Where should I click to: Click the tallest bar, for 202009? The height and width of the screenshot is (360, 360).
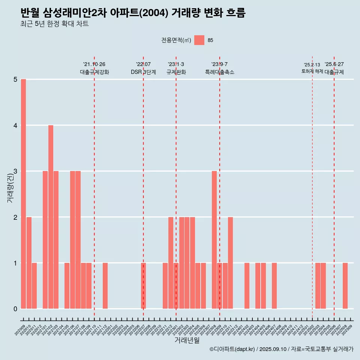click(23, 194)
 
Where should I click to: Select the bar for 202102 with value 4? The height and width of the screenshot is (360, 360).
click(51, 217)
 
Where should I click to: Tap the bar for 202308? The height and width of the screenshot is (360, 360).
click(214, 240)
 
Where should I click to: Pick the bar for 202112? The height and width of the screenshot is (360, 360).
click(105, 286)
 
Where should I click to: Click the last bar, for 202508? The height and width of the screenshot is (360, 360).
click(345, 286)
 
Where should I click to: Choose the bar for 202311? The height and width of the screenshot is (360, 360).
click(231, 262)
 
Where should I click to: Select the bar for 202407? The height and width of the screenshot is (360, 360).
click(274, 286)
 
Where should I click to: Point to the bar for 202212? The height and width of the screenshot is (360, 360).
click(171, 262)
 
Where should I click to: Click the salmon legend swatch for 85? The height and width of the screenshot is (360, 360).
click(199, 40)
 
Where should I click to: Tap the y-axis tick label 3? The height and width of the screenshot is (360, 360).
click(15, 171)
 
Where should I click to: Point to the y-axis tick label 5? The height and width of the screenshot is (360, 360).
click(15, 79)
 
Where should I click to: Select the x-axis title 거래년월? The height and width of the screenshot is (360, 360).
click(187, 340)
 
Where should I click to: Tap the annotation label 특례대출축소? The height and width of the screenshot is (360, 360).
click(219, 72)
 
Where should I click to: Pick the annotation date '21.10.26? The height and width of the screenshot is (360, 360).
click(94, 64)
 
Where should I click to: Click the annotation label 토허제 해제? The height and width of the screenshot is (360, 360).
click(312, 71)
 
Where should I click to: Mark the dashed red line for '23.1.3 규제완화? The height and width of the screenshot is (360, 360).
click(176, 187)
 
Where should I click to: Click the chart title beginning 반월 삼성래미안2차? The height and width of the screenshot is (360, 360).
click(133, 13)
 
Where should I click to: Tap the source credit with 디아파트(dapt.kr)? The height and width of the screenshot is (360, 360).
click(281, 349)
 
